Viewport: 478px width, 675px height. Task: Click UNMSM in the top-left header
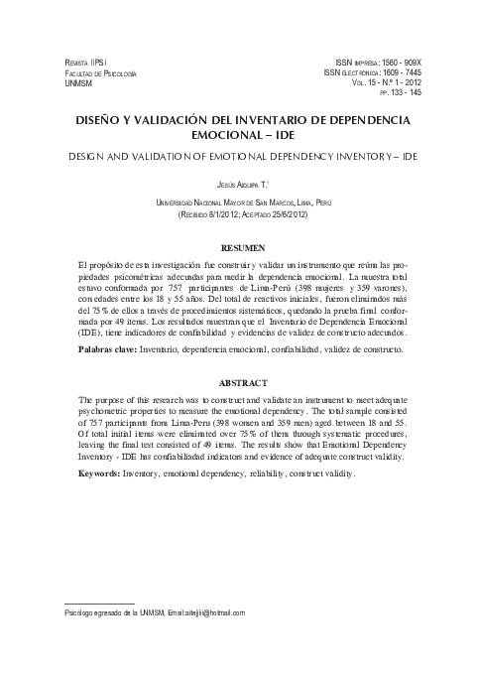tap(77, 84)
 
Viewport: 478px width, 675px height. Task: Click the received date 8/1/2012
tap(242, 213)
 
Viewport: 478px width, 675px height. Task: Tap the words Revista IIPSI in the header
tap(84, 63)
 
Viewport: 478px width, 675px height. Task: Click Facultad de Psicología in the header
tap(100, 73)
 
